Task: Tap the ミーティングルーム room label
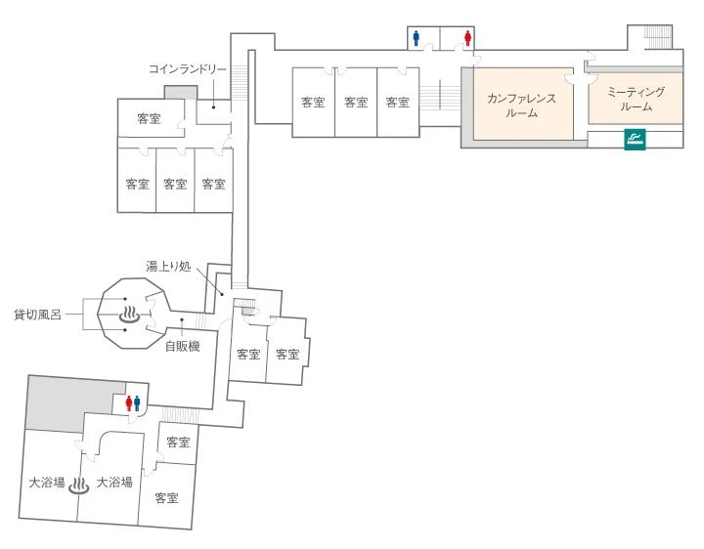click(x=636, y=98)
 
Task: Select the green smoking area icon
click(x=634, y=139)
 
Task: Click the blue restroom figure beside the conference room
click(x=418, y=38)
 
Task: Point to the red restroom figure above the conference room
click(x=469, y=38)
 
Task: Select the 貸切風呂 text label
click(x=37, y=315)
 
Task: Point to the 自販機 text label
click(x=182, y=346)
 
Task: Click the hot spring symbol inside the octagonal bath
click(x=129, y=315)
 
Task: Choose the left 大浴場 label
click(x=47, y=482)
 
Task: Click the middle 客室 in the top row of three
click(x=356, y=102)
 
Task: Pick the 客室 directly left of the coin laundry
click(x=150, y=119)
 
